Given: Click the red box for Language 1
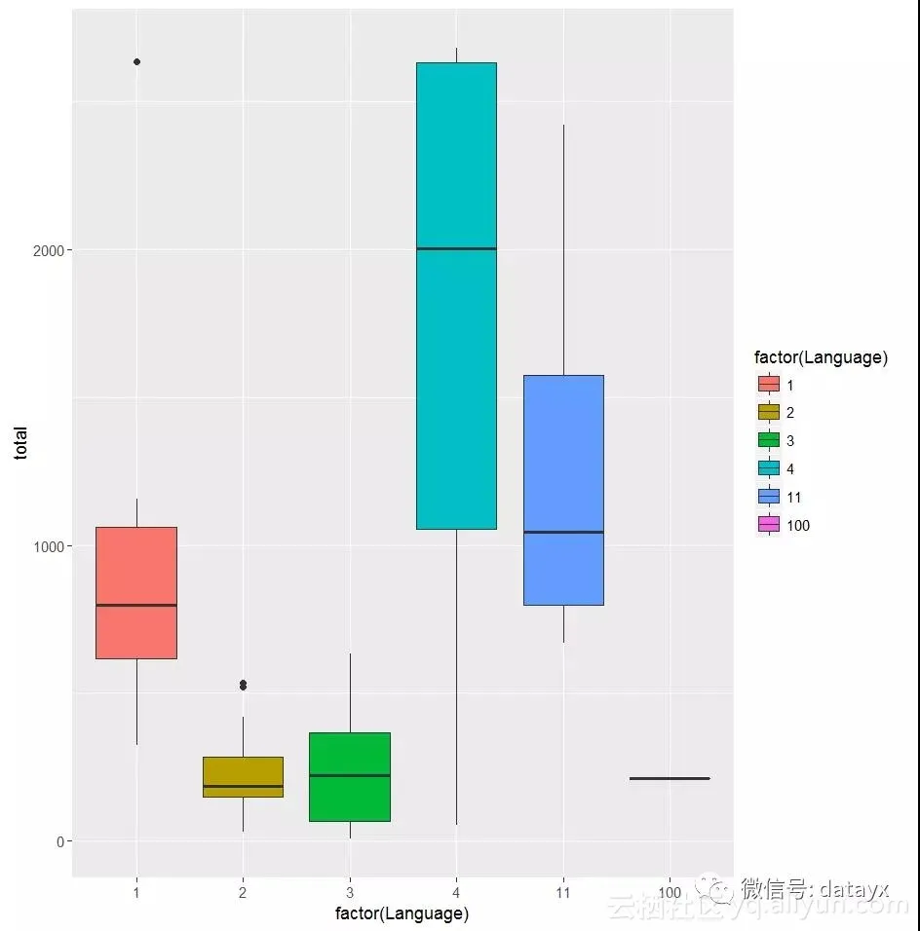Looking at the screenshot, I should click(135, 592).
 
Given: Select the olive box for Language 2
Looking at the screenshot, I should click(243, 776).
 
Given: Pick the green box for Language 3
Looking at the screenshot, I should click(350, 776).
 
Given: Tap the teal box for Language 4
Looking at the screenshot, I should click(456, 295).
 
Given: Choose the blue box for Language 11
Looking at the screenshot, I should click(563, 490).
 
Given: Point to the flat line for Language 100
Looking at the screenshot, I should click(670, 778).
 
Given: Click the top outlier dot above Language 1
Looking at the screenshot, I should click(136, 61).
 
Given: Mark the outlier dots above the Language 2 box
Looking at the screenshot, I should click(243, 685).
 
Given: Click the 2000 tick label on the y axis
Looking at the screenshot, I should click(47, 250).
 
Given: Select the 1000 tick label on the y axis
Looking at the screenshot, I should click(47, 546).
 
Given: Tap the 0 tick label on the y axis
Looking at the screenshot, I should click(58, 841).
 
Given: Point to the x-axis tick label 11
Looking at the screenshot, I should click(563, 892).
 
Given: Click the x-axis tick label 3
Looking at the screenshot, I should click(350, 892).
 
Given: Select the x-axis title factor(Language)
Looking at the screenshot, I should click(402, 913).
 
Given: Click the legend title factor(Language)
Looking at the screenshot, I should click(821, 357).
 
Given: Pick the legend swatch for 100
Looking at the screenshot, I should click(769, 525).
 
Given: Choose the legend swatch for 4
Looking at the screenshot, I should click(769, 468).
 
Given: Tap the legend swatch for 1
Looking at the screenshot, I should click(769, 385).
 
